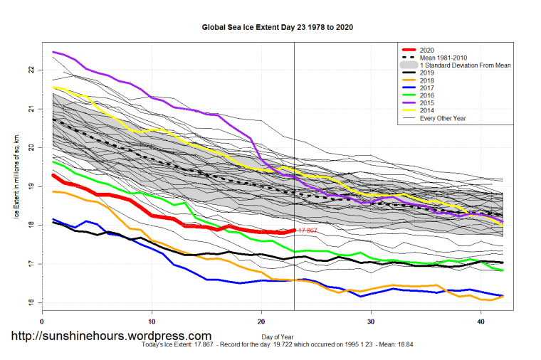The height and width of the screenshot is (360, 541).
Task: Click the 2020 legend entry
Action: point(427,50)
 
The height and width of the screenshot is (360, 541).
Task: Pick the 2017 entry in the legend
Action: point(427,88)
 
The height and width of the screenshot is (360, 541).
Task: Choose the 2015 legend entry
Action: point(427,102)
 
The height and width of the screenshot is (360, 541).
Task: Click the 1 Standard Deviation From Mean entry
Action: point(466,65)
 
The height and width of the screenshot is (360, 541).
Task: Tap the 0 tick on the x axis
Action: point(43,322)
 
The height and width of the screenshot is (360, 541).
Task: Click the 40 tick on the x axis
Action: point(480,322)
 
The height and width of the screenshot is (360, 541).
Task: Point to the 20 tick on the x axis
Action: point(261,322)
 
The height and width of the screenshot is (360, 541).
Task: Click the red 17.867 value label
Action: point(307,231)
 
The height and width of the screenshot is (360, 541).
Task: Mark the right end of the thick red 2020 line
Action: point(294,230)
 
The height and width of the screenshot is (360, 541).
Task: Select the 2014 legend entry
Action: point(427,110)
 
